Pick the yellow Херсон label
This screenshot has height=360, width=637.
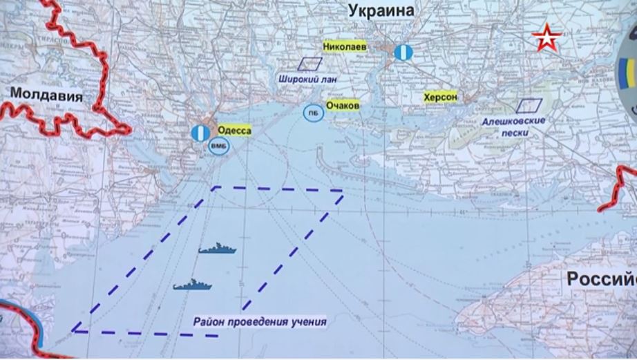(x=441, y=98)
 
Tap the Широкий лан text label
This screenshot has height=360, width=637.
(x=307, y=79)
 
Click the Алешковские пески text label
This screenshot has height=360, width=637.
(x=515, y=126)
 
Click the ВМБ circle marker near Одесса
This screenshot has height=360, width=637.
(x=216, y=146)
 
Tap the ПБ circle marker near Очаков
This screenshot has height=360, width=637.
(x=313, y=113)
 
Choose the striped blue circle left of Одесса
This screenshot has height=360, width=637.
(x=199, y=133)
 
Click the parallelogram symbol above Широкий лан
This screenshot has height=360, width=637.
(x=310, y=64)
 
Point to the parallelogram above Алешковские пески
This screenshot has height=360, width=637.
(x=530, y=105)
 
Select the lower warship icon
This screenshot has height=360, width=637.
(x=188, y=284)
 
